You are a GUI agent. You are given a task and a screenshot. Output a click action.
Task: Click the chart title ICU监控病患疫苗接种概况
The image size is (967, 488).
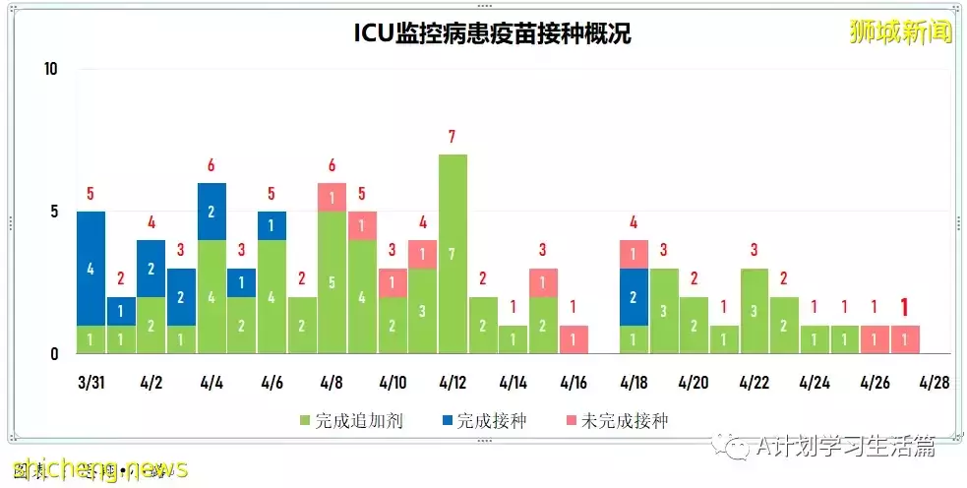point(492,33)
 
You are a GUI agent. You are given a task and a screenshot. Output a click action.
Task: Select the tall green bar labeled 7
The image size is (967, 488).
point(453,254)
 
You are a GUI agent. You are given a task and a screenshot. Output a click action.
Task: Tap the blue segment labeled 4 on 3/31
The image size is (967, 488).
point(91,268)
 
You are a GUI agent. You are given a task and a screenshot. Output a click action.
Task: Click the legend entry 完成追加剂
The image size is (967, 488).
point(349,421)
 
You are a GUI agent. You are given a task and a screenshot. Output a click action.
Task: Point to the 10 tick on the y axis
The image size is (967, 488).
point(52,69)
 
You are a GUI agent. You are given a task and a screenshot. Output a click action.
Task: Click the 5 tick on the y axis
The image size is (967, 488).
point(55,212)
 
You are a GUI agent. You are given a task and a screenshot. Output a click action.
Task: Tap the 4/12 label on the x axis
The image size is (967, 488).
point(453,382)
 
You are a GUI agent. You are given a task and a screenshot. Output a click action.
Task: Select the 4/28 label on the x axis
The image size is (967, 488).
point(934,382)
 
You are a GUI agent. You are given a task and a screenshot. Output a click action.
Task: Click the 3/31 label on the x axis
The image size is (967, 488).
point(91,382)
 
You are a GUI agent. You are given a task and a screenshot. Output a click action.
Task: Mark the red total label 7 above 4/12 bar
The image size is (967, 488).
point(453,137)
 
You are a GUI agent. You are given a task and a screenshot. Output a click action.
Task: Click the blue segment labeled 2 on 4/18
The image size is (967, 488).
point(635,296)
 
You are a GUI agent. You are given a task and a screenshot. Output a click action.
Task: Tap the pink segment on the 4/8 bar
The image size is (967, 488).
point(332,197)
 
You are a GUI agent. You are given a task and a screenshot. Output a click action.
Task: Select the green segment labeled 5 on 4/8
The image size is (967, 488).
point(332,282)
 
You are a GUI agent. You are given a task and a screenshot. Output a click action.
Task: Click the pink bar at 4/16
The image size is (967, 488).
point(574,339)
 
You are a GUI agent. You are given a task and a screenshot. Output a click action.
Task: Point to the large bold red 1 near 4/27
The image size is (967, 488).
point(905,307)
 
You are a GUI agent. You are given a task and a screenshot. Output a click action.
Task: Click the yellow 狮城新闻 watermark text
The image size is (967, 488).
point(901,32)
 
